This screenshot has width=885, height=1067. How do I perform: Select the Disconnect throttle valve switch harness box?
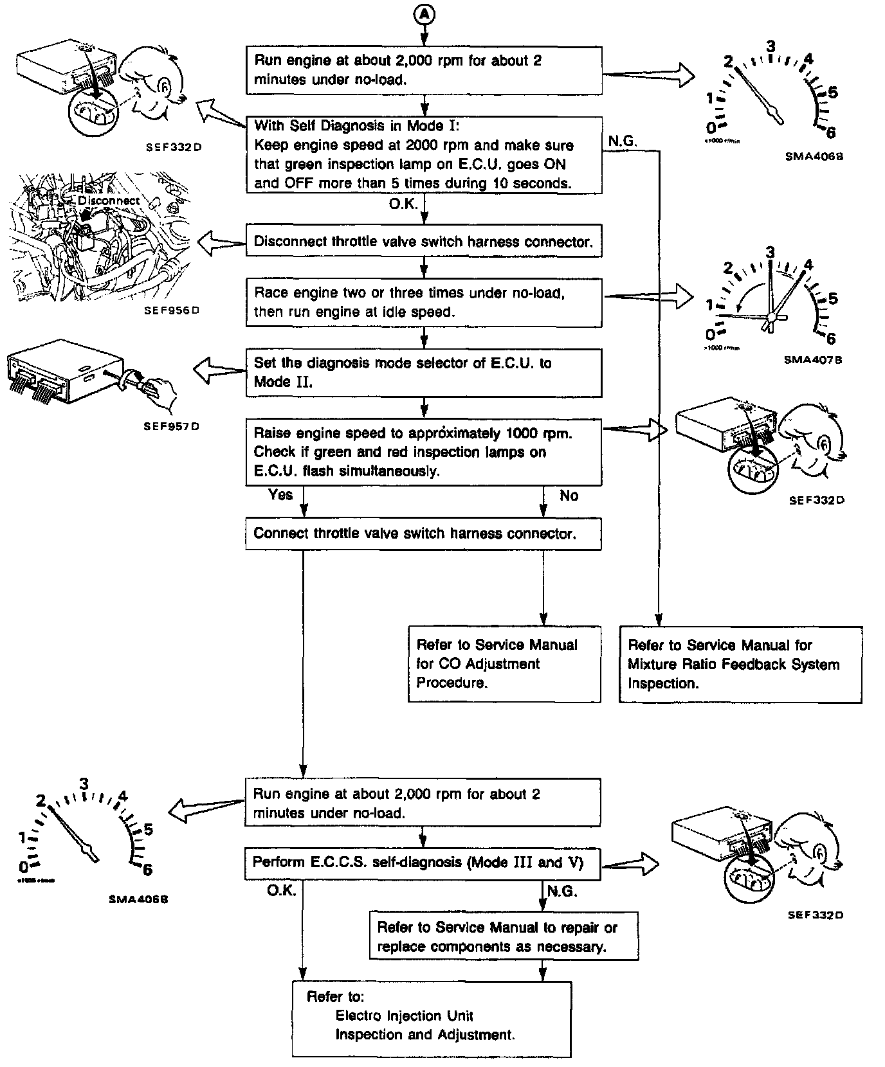click(423, 242)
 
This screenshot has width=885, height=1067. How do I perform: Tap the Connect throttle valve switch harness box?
click(423, 534)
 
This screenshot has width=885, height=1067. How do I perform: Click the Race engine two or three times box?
click(423, 302)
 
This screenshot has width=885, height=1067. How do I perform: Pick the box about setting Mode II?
click(423, 373)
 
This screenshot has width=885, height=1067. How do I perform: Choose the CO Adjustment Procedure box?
click(504, 664)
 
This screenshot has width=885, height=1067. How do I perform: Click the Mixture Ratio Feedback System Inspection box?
click(740, 664)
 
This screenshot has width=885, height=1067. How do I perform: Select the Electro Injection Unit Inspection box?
click(431, 1018)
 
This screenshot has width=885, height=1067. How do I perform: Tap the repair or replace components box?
click(504, 937)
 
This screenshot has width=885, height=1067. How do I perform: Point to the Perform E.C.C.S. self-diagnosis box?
click(423, 863)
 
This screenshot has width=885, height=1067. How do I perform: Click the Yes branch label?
click(280, 495)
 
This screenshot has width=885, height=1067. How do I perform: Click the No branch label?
click(569, 496)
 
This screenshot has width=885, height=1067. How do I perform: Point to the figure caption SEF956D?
click(172, 310)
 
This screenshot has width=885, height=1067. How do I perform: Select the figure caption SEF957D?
click(172, 426)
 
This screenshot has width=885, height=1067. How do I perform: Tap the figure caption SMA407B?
click(813, 361)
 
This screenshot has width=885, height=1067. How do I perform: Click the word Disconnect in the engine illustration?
click(109, 201)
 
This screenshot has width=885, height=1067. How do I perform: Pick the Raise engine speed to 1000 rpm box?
click(423, 452)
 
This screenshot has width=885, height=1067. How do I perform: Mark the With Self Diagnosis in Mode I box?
click(423, 155)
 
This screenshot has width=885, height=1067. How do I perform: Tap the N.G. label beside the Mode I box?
click(622, 142)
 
